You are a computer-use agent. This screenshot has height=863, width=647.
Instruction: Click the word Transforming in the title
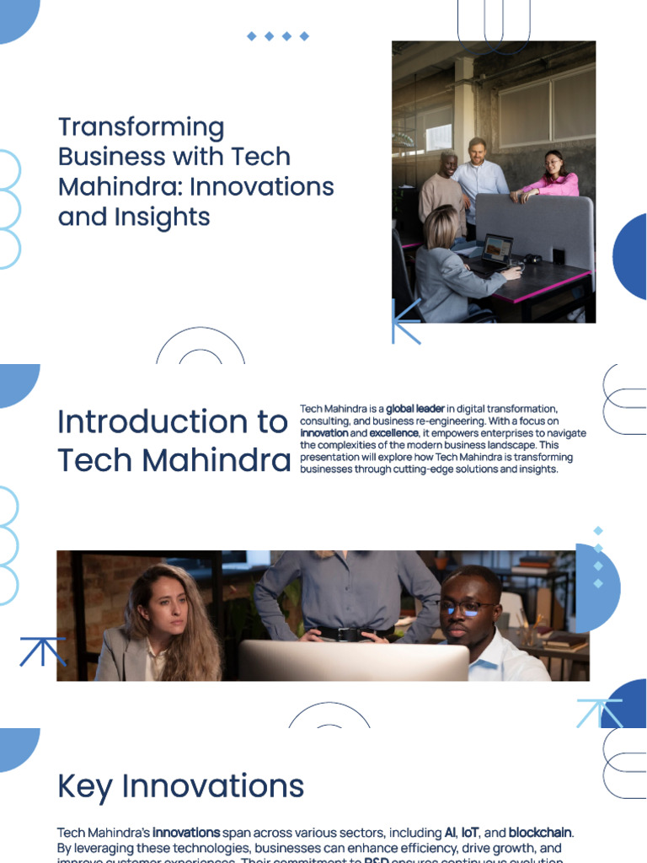point(142,127)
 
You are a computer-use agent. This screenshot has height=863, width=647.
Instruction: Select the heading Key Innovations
point(180,786)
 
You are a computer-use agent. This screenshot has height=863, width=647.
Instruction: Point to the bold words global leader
point(415,410)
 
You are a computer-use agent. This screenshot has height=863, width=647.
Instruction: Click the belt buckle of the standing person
point(347,635)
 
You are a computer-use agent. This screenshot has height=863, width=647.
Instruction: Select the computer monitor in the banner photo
point(354,661)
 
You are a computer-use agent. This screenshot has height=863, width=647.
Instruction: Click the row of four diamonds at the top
point(277,36)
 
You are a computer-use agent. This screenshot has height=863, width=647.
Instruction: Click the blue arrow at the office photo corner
point(405,321)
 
